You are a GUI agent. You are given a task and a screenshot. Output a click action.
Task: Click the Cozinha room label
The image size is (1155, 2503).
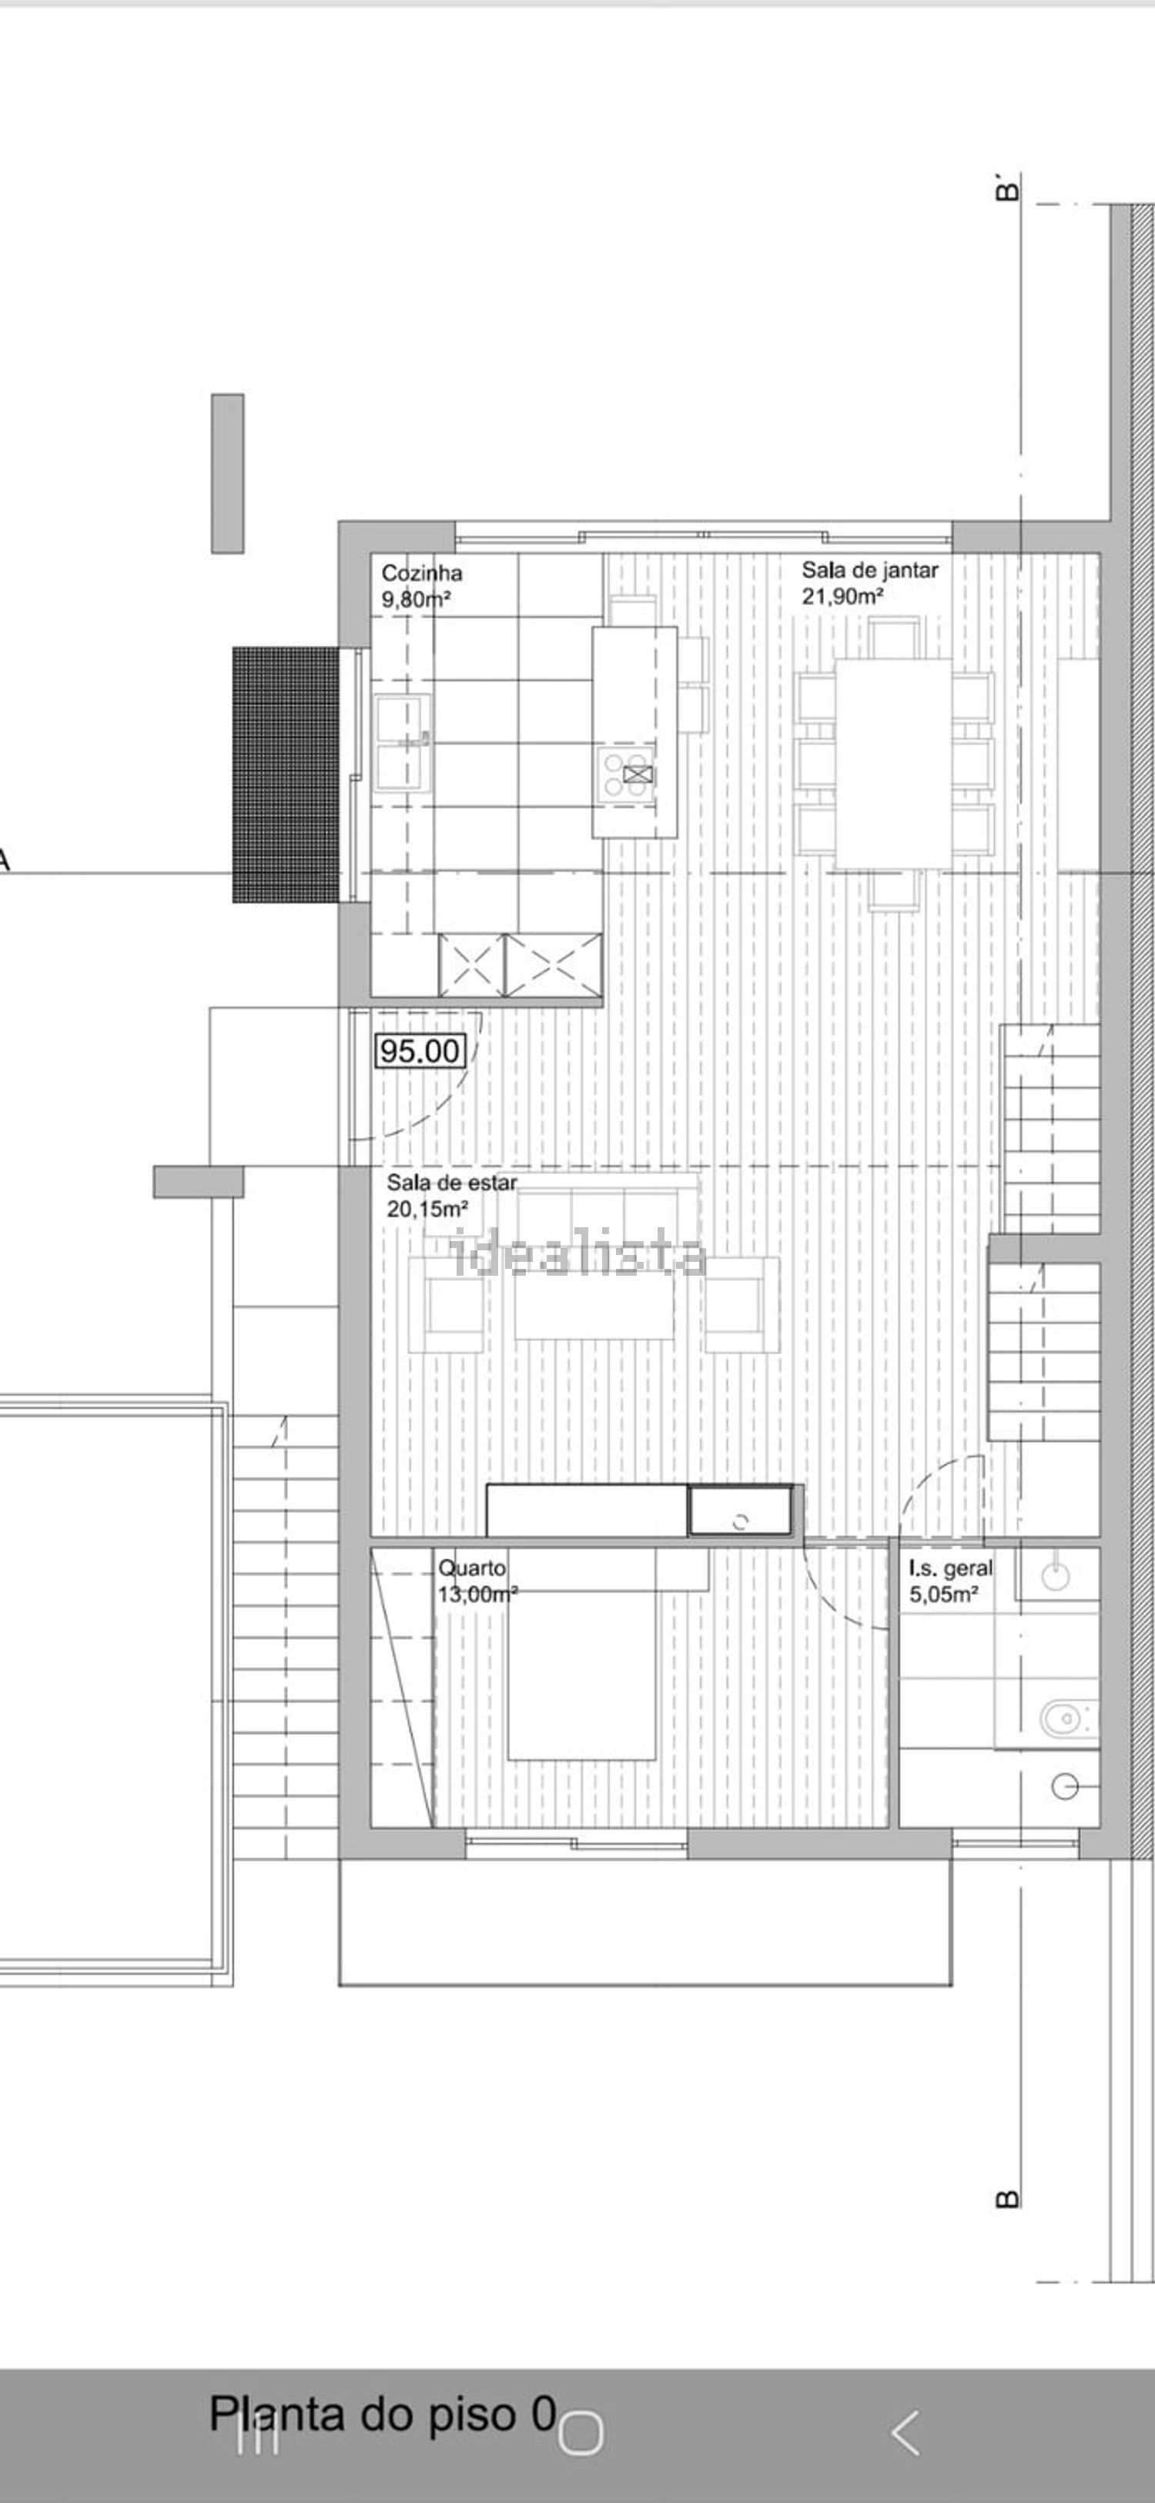click(x=422, y=574)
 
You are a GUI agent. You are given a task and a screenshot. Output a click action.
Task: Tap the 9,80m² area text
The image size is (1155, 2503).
click(x=416, y=600)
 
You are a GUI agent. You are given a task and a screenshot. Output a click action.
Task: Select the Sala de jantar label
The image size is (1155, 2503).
click(x=869, y=571)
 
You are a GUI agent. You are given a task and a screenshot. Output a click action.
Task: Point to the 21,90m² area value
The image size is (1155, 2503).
click(x=842, y=597)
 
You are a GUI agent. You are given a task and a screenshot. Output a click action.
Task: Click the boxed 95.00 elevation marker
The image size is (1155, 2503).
click(x=420, y=1050)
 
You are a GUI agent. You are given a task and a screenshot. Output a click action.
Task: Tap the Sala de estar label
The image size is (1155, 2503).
click(x=452, y=1183)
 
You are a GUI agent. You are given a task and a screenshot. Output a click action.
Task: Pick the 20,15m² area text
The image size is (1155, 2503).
click(x=427, y=1210)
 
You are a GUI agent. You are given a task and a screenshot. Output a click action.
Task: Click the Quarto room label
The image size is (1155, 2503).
click(x=472, y=1568)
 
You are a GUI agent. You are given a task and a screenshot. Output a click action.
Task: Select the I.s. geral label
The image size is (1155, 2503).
click(x=951, y=1568)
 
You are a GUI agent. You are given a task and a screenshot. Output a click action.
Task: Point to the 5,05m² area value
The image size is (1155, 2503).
click(x=943, y=1594)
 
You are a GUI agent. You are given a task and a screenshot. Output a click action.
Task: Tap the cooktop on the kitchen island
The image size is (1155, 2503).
click(x=628, y=775)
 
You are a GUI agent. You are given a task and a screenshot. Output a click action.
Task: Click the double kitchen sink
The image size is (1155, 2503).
click(x=404, y=743)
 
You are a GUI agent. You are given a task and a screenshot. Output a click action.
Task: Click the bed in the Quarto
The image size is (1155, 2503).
click(x=582, y=1654)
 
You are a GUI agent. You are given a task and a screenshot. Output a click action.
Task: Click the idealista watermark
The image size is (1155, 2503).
click(x=579, y=1254)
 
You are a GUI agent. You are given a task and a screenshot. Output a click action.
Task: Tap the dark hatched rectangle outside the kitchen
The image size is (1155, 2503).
click(x=286, y=775)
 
